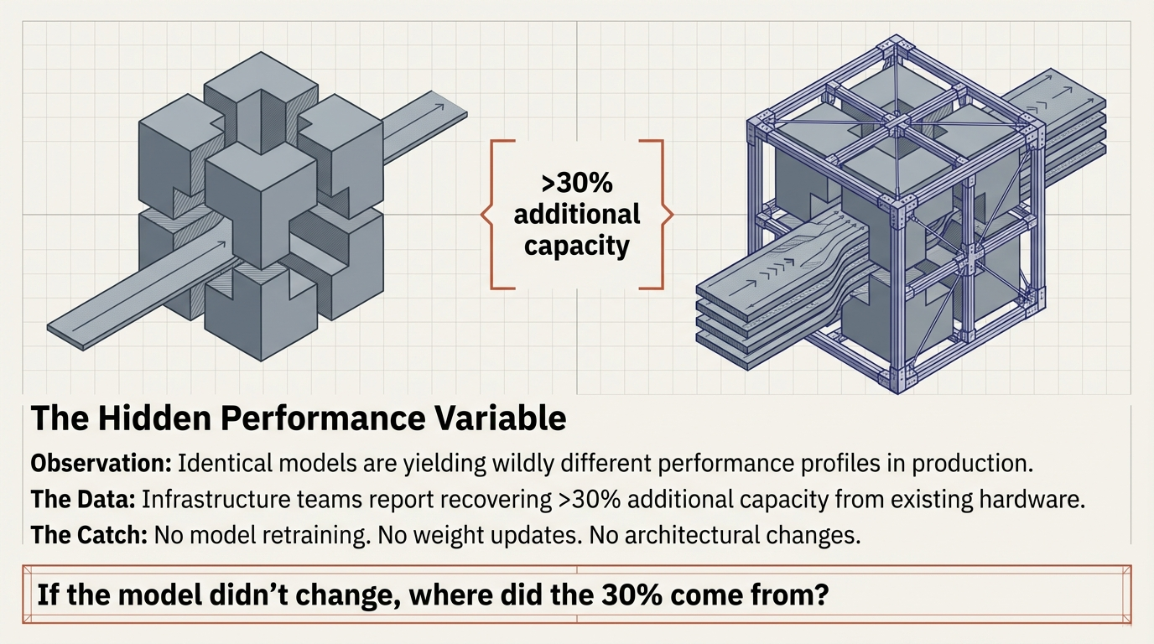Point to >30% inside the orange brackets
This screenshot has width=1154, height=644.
tap(576, 182)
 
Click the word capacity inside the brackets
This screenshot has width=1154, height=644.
tap(576, 246)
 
